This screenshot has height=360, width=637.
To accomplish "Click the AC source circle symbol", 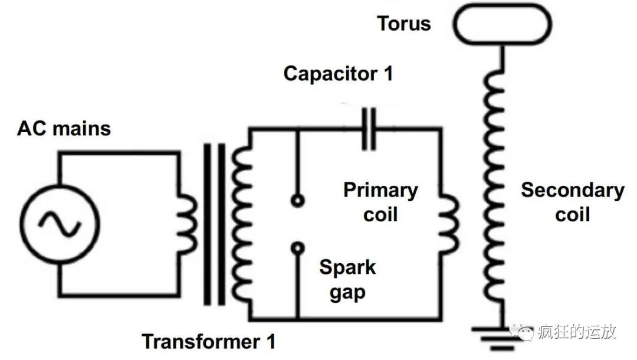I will pos(60,224).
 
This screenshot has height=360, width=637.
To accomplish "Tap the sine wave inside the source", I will pos(60,224).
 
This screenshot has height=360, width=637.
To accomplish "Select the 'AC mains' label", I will pos(64,128).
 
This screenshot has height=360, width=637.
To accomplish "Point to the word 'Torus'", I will pos(404,24).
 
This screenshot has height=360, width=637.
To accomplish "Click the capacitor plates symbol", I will pos(369,128).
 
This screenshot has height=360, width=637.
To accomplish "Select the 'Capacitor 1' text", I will pos(338,74).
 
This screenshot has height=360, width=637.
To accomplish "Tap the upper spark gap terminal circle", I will pos(298,201).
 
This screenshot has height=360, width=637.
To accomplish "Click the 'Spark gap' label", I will pos(347,279).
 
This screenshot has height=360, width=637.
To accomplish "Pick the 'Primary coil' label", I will pos(380,202).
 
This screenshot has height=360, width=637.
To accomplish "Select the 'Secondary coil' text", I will pos(572,202).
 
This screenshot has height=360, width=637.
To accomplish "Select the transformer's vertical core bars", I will pos(215,224).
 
